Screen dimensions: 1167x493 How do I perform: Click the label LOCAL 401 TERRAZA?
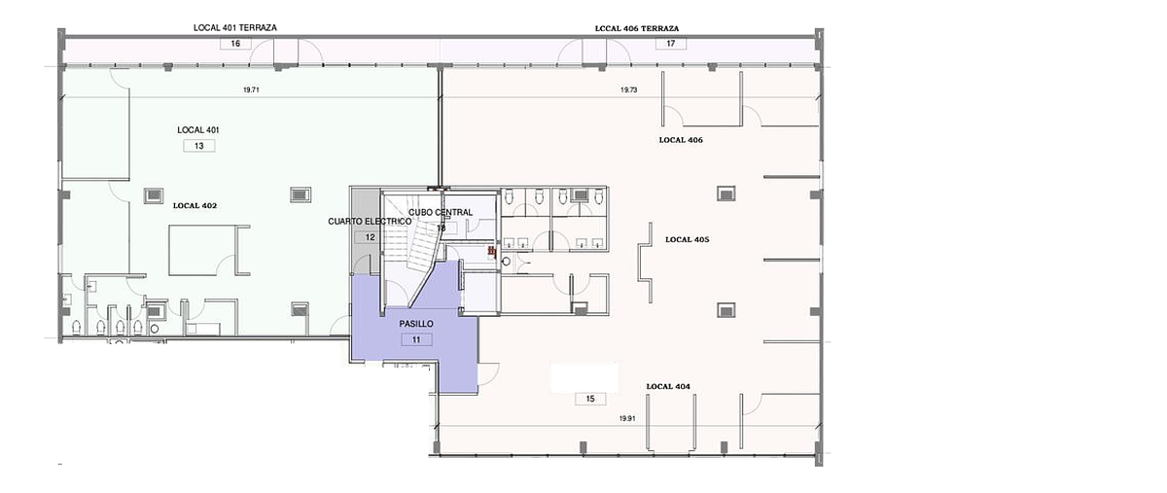point(235,27)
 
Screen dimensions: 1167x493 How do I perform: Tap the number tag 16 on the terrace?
point(235,43)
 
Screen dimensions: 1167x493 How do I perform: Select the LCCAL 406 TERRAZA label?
point(637,28)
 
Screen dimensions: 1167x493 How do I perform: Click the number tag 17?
point(670,43)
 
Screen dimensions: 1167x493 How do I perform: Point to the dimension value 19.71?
point(251,89)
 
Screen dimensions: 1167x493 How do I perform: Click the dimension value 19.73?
point(629,89)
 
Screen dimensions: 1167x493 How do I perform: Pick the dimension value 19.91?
point(627,418)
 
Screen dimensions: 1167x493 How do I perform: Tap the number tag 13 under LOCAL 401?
point(199,146)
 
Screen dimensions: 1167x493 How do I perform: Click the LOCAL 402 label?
point(194,206)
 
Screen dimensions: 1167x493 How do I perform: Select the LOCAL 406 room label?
point(681,140)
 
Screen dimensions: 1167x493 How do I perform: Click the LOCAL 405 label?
point(688,240)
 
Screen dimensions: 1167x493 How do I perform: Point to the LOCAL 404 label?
point(668,386)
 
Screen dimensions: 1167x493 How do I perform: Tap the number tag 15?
point(590,399)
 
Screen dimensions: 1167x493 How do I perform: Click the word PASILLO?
point(416,324)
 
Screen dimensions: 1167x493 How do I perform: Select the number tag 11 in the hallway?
point(416,339)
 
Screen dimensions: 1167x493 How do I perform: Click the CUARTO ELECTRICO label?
point(370,222)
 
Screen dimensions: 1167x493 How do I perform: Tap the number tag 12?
point(370,237)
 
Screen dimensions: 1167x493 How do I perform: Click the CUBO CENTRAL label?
point(441,212)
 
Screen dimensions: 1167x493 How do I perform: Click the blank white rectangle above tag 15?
point(584,378)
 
